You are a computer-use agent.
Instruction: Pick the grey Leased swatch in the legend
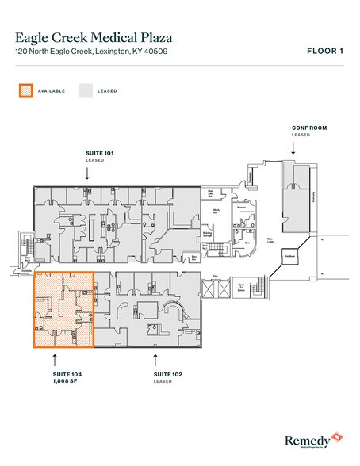point(85,90)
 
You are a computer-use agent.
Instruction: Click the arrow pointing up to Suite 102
point(154,357)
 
